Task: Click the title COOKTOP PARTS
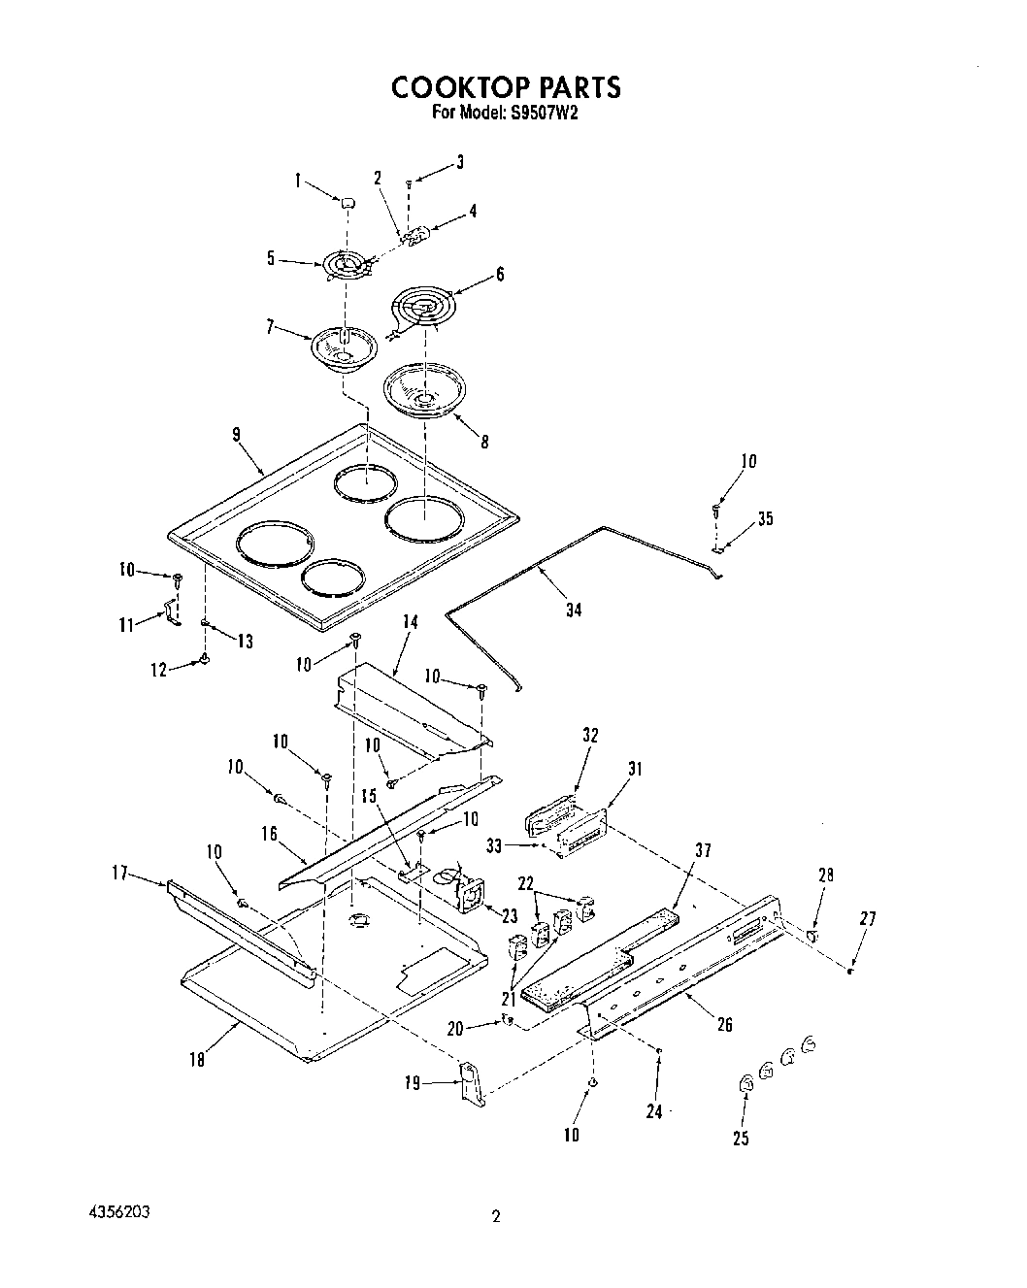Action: coord(505,86)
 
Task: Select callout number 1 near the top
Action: coord(299,180)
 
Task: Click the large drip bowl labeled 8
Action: coord(424,391)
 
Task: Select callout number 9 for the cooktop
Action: coord(236,434)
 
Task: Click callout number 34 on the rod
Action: coord(574,611)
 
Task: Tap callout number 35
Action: coord(766,518)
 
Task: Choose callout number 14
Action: coord(410,623)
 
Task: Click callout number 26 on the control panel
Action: coord(724,1024)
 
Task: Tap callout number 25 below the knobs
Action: coord(742,1139)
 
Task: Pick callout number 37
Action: coord(703,851)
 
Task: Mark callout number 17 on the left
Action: coord(120,874)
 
